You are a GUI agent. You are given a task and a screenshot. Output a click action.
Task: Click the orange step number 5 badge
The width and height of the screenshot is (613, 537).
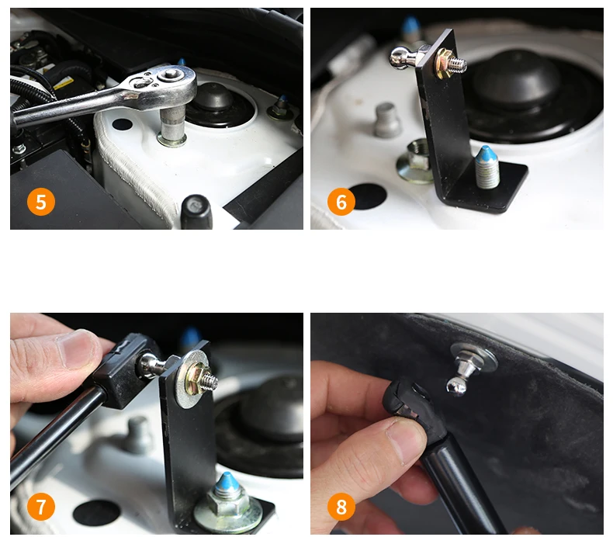40,202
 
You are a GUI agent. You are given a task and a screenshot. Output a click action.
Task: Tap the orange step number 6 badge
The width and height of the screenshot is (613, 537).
341,202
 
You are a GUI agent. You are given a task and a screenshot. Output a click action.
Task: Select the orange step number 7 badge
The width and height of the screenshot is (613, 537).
40,507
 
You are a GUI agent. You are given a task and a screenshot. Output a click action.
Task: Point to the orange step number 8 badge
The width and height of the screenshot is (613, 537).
341,507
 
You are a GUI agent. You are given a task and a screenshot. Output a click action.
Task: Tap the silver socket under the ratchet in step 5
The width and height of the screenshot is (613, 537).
172,126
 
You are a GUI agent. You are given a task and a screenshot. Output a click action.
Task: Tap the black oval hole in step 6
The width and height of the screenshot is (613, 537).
368,196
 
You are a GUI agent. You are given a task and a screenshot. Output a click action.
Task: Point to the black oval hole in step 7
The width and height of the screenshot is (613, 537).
96,512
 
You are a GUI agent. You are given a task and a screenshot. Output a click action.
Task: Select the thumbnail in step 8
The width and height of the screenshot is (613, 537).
407,438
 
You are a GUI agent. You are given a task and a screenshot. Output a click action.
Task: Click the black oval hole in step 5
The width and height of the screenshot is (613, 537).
122,124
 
